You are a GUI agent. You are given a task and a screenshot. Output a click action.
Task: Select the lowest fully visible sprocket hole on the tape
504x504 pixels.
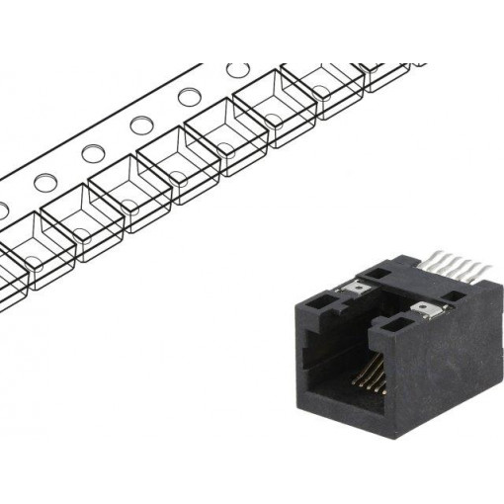coord(44,183)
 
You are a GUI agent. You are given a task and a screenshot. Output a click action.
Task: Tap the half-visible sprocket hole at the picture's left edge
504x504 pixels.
coord(3,210)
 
